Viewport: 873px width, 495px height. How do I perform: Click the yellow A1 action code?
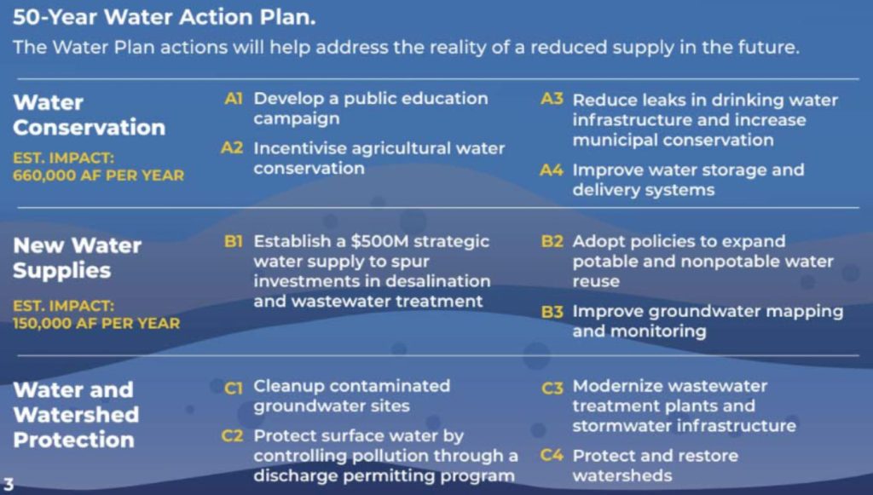pos(234,99)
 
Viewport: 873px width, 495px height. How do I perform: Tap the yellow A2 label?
pos(232,148)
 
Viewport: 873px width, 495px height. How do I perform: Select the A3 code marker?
pos(552,100)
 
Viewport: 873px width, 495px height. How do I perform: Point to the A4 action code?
pos(552,170)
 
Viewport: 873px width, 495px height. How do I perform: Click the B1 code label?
pos(234,241)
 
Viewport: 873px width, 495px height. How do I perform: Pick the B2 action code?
pos(552,241)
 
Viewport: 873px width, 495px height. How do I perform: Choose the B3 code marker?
pos(552,312)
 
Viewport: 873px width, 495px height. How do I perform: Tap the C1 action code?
pos(234,387)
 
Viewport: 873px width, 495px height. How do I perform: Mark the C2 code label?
pos(232,436)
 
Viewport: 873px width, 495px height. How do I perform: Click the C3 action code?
pos(552,388)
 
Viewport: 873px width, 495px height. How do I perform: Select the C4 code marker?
pos(552,456)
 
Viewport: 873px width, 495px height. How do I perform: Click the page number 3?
pos(9,483)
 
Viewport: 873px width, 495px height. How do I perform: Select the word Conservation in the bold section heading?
pos(89,128)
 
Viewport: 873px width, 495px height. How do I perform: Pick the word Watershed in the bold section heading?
pos(76,415)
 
